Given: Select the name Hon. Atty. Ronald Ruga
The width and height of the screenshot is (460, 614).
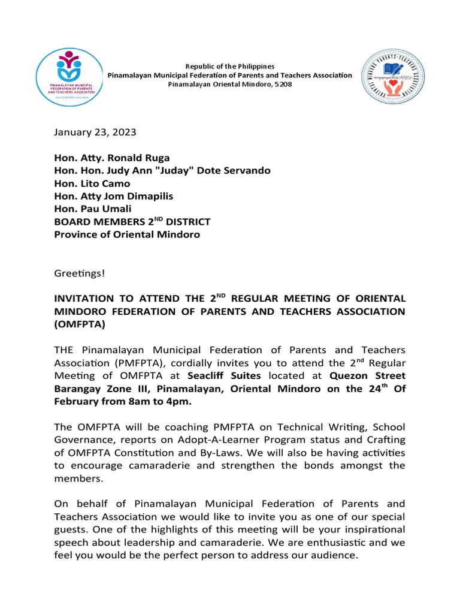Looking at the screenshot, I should [111, 158].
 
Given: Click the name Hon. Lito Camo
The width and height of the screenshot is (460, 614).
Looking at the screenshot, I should [92, 183].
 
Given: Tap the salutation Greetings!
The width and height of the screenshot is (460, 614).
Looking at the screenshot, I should [80, 273].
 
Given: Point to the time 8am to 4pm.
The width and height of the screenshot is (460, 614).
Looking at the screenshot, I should [164, 401].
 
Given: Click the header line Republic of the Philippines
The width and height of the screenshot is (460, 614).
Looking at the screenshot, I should [229, 66].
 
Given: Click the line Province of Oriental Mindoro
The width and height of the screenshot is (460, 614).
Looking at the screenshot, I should [127, 234].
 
